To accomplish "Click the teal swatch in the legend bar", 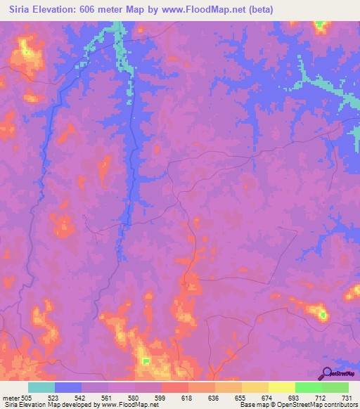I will pyautogui.click(x=41, y=387).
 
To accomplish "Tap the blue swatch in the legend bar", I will pyautogui.click(x=68, y=387).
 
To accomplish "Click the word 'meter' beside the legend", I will pyautogui.click(x=11, y=397).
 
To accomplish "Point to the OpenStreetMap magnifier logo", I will pyautogui.click(x=327, y=372).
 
